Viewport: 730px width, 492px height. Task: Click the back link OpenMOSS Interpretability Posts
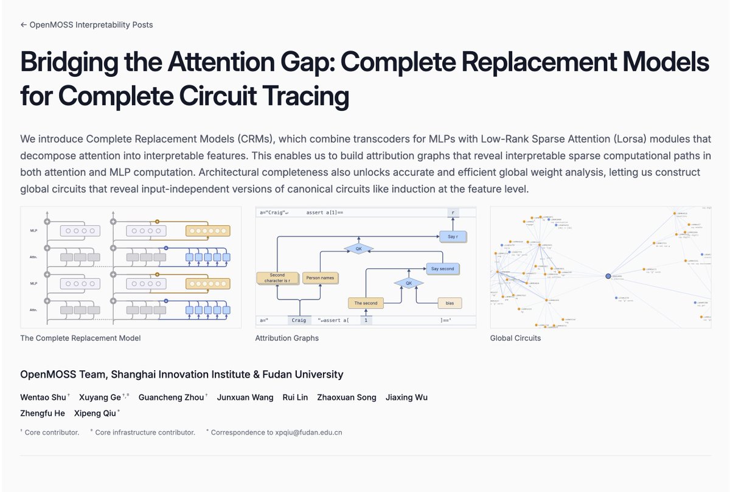(86, 25)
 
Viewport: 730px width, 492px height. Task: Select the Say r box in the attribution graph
(453, 236)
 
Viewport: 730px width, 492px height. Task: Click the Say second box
(442, 269)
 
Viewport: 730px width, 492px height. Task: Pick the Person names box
(319, 278)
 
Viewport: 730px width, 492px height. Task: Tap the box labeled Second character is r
(277, 278)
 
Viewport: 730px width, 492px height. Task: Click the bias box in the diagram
(450, 303)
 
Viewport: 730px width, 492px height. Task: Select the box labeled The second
(366, 303)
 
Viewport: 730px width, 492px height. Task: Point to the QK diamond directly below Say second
(409, 283)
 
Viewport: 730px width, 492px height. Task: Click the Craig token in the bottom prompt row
(299, 320)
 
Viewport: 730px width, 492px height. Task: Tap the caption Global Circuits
(515, 338)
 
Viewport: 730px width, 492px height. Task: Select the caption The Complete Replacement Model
(80, 338)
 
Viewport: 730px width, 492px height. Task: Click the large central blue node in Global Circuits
(608, 276)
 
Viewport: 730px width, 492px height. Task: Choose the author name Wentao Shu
(43, 398)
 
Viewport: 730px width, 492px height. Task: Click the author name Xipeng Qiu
(95, 413)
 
